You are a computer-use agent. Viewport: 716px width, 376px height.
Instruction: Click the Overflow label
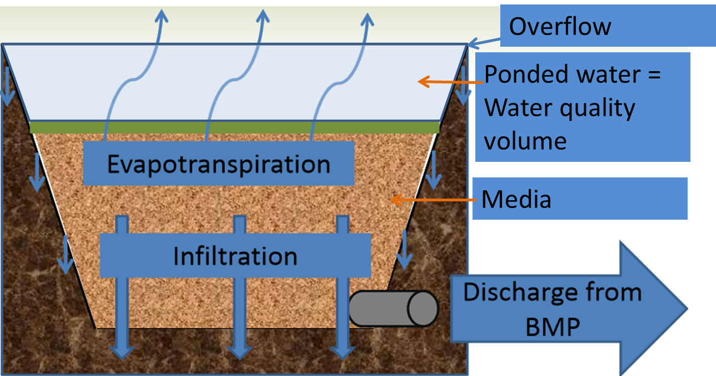(560, 27)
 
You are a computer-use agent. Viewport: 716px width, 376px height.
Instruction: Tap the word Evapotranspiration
(218, 164)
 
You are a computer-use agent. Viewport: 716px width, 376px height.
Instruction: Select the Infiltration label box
(235, 256)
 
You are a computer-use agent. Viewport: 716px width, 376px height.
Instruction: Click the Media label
(516, 199)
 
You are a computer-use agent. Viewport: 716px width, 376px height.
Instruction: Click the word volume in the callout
(525, 140)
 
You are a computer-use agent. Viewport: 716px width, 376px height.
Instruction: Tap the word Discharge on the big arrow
(552, 292)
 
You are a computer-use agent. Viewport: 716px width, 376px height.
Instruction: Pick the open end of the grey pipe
(422, 308)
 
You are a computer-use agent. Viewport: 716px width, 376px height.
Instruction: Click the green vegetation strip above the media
(234, 127)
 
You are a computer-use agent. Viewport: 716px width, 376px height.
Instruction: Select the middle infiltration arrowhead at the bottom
(240, 353)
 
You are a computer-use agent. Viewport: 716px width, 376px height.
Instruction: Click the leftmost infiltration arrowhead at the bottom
(122, 353)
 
